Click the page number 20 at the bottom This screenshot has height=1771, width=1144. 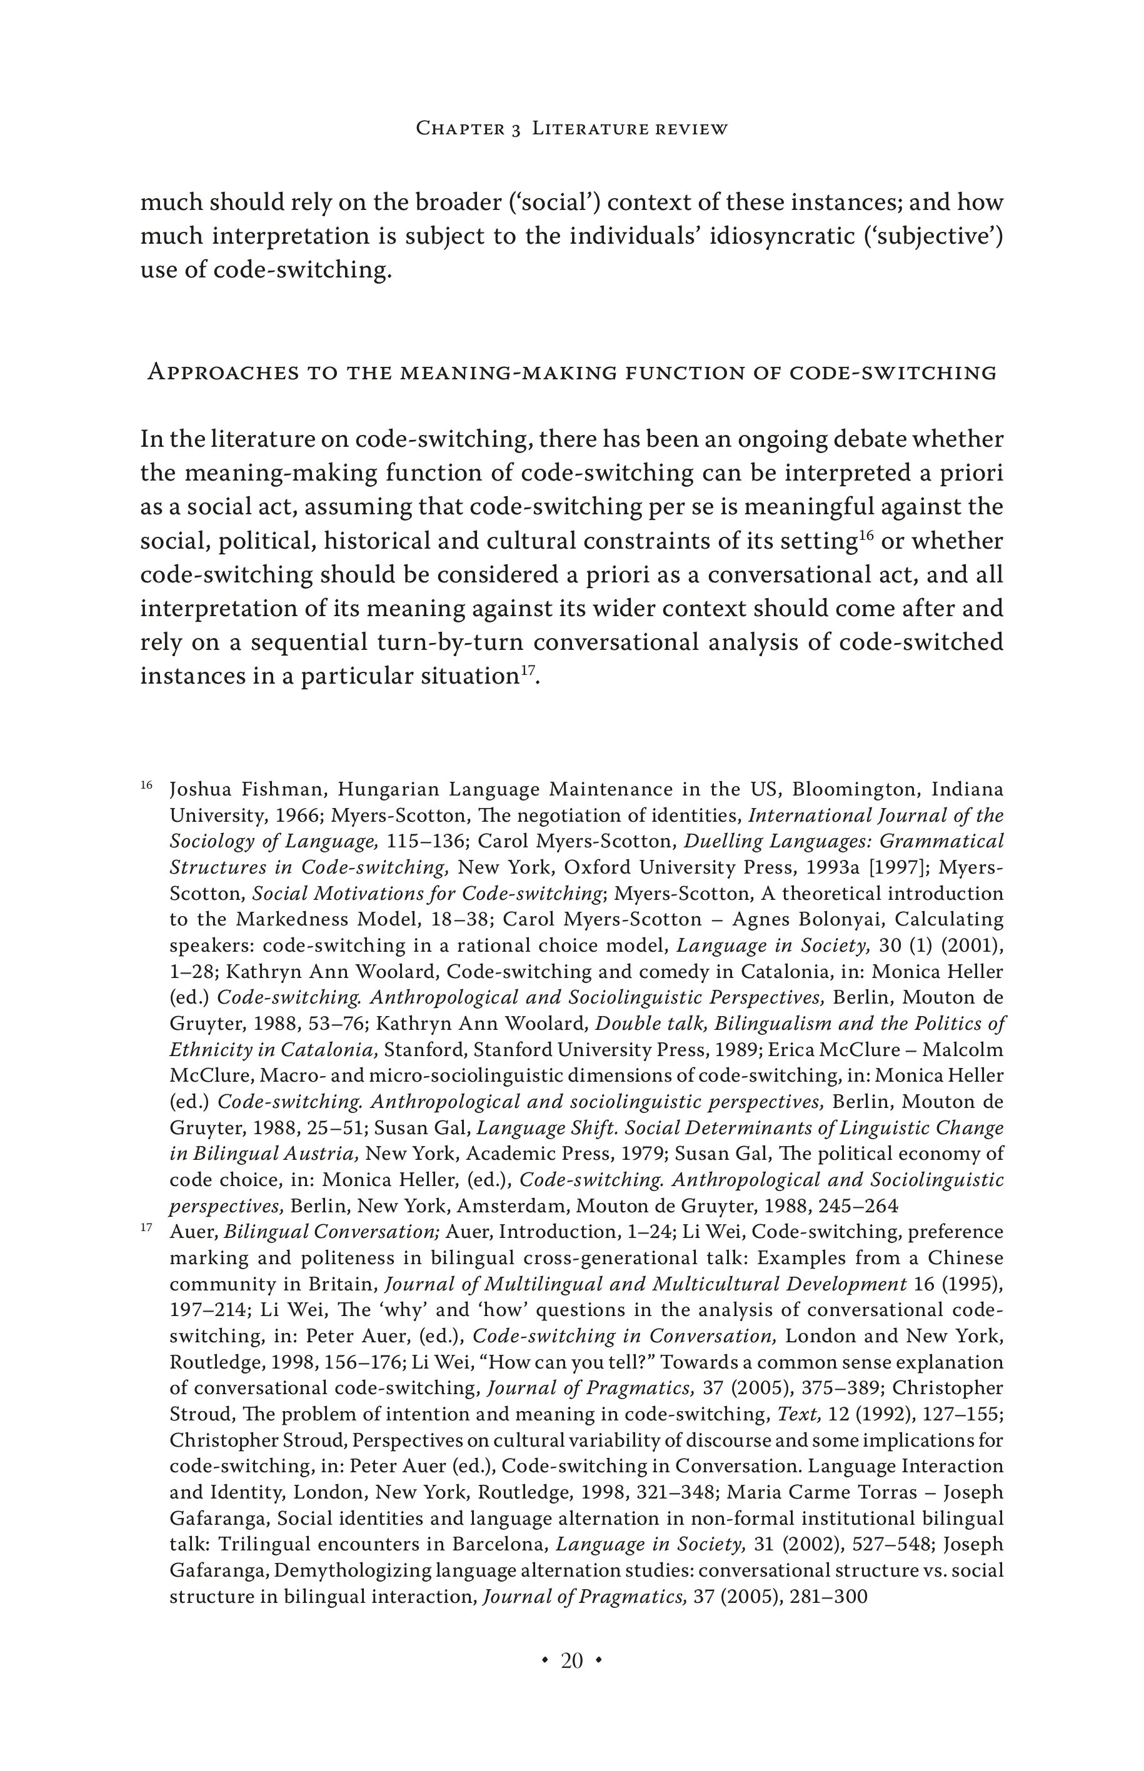[571, 1660]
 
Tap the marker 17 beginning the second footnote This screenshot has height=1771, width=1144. [146, 1227]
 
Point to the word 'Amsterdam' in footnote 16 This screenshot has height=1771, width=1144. [520, 1206]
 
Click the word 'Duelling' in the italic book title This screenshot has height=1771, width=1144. [717, 841]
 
